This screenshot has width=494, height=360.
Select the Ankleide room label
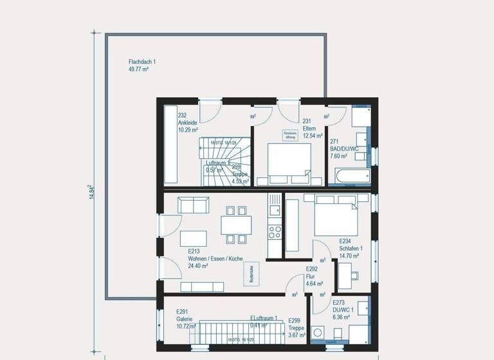coord(188,122)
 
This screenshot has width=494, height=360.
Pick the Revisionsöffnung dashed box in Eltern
coord(290,135)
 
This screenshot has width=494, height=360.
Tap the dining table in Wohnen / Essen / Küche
coord(236,225)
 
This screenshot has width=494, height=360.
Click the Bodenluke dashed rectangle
coord(251,274)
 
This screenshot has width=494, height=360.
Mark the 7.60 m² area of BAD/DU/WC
coord(339,156)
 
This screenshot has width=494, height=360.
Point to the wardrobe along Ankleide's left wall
coord(170,147)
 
